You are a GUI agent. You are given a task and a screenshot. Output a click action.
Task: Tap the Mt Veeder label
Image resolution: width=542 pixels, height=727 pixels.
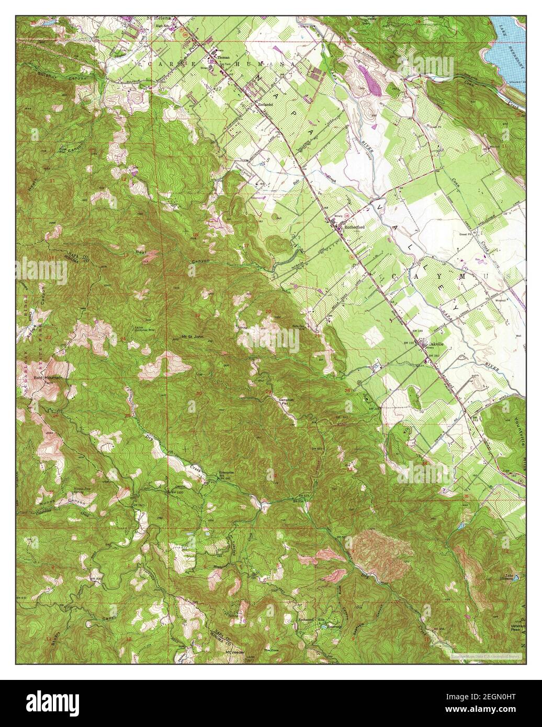[x=235, y=653]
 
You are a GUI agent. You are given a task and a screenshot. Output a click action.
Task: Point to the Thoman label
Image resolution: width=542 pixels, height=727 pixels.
[x=223, y=57]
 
